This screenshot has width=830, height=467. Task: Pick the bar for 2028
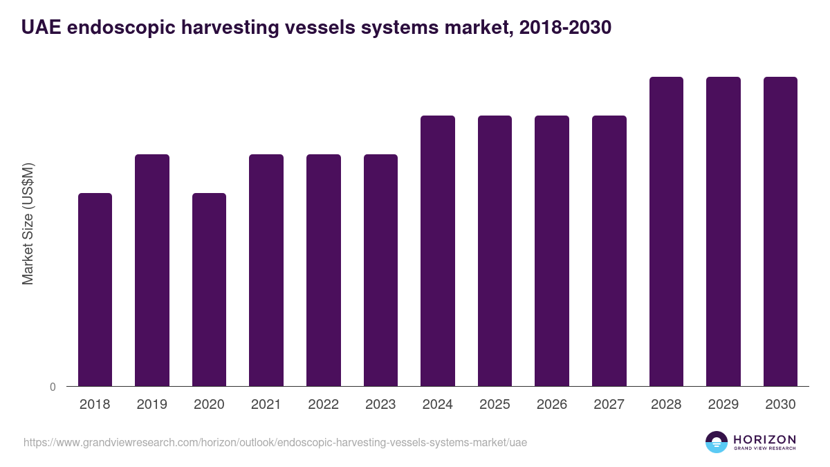pos(666,231)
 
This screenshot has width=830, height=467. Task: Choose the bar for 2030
pos(780,231)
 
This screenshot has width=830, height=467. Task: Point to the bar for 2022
pos(324,270)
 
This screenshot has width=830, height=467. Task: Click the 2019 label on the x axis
pos(151,405)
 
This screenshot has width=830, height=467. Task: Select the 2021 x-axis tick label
pos(266,405)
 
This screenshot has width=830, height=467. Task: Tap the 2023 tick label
pos(380,405)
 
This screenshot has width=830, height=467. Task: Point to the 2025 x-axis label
pos(495,405)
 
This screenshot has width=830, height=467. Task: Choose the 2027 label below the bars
pos(609,405)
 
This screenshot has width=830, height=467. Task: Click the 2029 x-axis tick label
pos(723,405)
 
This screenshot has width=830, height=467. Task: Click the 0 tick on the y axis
pos(53,387)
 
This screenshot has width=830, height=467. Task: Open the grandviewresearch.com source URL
pos(270,442)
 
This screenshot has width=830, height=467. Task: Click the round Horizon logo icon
pos(717,442)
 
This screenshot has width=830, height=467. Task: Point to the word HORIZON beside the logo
pos(764,439)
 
